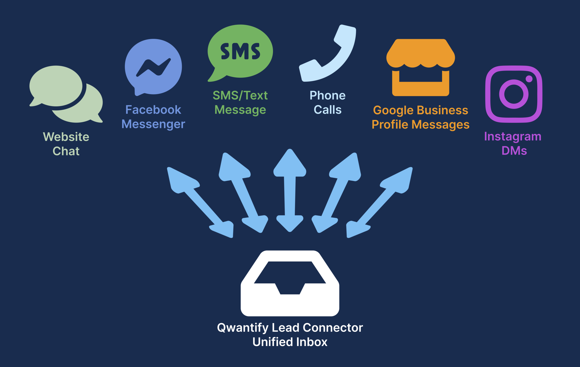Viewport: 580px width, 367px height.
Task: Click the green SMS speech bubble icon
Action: coord(240,51)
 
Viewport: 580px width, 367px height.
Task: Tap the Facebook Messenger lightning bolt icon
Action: coord(153,67)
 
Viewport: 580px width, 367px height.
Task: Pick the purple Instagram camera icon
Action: coord(514,94)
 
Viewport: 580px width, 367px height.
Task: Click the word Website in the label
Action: coord(66,137)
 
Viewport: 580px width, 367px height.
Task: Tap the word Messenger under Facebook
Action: coord(153,124)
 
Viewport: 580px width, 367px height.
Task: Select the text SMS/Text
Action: coord(240,96)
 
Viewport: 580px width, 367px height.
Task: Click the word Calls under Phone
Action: coord(328,110)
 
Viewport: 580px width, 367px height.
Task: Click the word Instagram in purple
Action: coord(513,137)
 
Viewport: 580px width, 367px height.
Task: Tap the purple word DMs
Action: coord(514,151)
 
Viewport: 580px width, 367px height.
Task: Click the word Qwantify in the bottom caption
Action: coord(243,328)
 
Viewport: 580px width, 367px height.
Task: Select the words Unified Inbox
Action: coord(290,342)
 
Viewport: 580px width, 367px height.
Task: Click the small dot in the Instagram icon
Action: coord(529,79)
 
